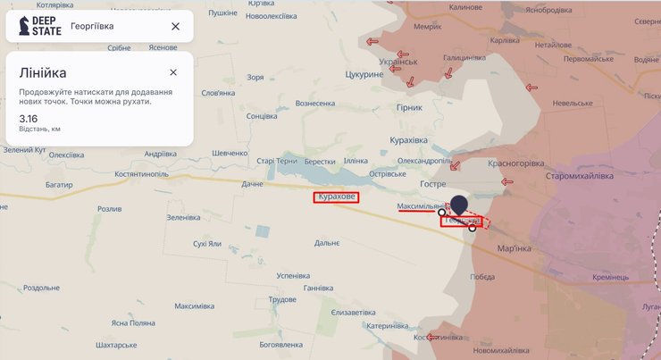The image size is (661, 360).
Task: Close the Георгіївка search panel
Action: coord(175,26)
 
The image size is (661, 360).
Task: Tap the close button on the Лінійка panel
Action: coord(173,72)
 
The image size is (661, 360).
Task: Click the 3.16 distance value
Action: coord(29,117)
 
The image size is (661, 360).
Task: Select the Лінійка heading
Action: coord(43,72)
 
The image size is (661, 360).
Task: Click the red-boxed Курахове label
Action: coord(336,197)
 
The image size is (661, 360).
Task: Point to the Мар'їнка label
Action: coord(513,247)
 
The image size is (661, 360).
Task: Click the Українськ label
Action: coord(398,62)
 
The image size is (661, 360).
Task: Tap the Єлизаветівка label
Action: coord(354,313)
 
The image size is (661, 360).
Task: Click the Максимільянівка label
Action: coord(423,206)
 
